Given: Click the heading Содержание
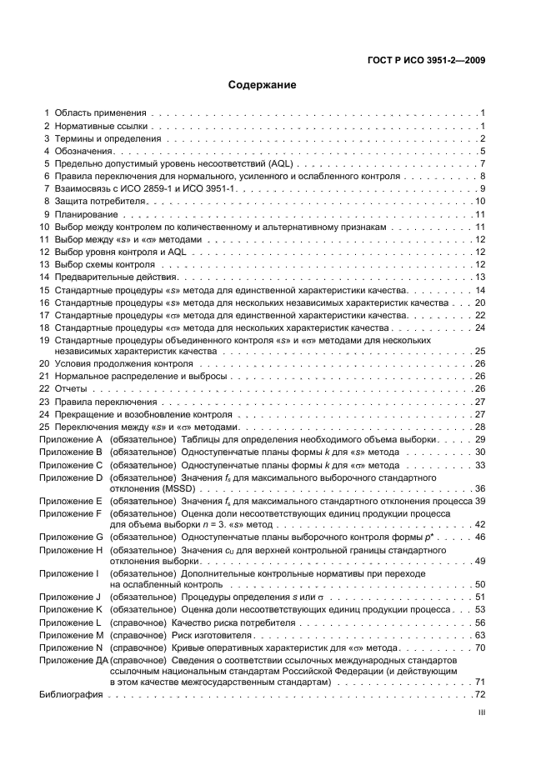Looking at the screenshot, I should tap(263, 85).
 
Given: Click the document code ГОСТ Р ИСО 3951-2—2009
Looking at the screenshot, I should tap(426, 60).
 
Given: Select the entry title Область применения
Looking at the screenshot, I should tap(100, 112).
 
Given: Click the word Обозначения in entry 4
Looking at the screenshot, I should tap(83, 151).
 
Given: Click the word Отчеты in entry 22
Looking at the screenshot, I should tap(71, 389).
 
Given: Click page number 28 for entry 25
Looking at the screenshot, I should tap(480, 427).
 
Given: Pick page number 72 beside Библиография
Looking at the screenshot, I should tap(480, 695).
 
